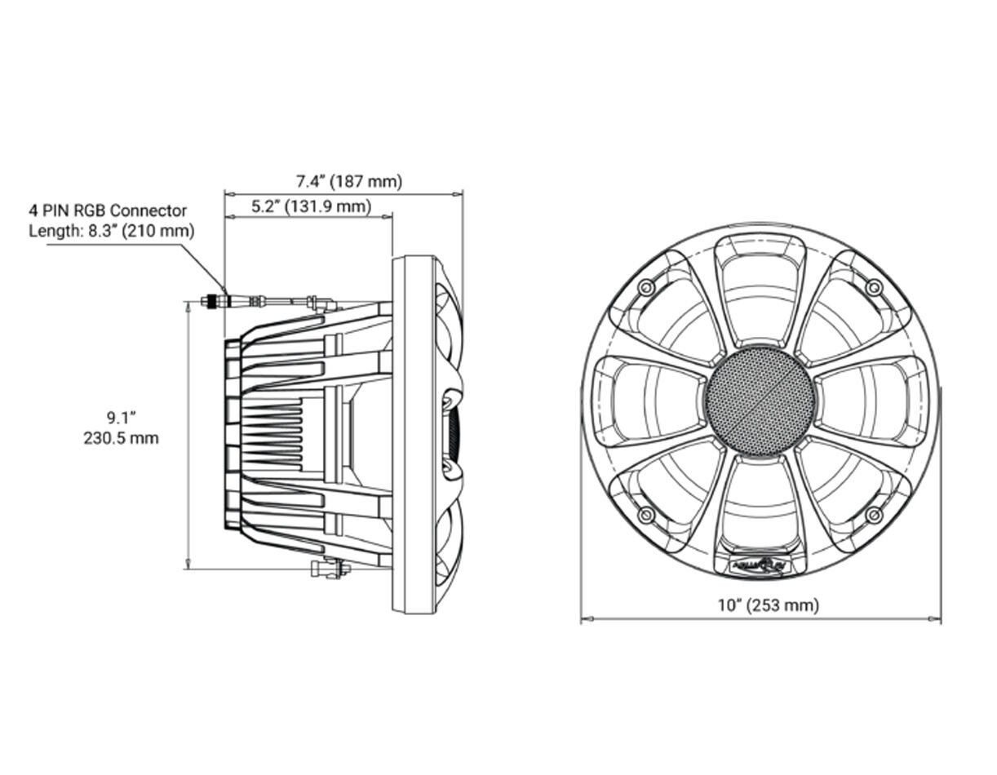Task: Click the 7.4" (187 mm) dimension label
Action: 349,181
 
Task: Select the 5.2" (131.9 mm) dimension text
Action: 311,207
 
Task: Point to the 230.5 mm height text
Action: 121,438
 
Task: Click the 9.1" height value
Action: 121,418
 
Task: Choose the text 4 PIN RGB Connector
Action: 108,211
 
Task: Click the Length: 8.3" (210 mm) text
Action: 112,231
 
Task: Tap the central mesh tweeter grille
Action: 760,401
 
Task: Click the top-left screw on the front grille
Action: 647,287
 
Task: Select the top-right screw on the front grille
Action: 874,287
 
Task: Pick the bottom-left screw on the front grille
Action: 647,515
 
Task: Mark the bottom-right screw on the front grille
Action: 874,515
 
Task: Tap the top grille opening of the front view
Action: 760,286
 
